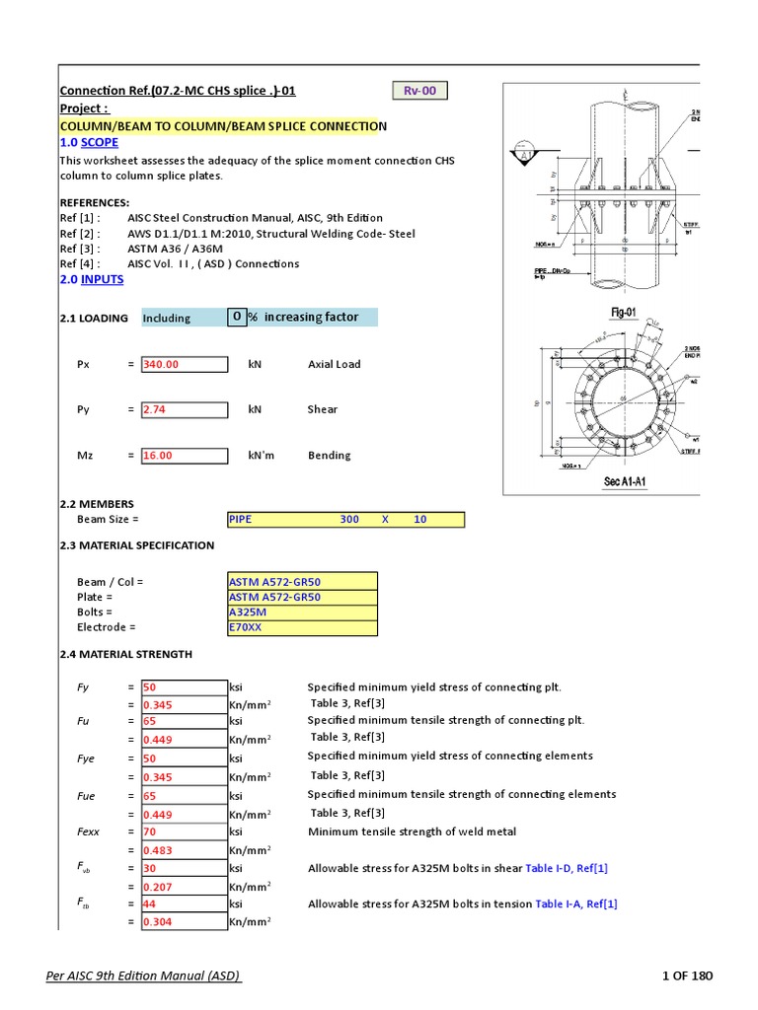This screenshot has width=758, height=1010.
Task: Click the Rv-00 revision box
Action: (x=420, y=91)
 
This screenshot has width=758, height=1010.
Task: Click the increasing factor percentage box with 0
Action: (x=237, y=317)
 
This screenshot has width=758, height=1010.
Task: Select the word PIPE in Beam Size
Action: (x=241, y=519)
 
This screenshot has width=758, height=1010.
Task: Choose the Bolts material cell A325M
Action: (x=302, y=612)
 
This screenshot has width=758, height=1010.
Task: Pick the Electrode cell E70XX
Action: (x=302, y=626)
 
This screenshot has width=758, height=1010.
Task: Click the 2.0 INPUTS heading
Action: (x=92, y=279)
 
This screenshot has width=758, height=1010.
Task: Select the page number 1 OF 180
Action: (x=687, y=976)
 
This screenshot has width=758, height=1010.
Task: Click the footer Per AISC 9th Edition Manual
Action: (x=144, y=976)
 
